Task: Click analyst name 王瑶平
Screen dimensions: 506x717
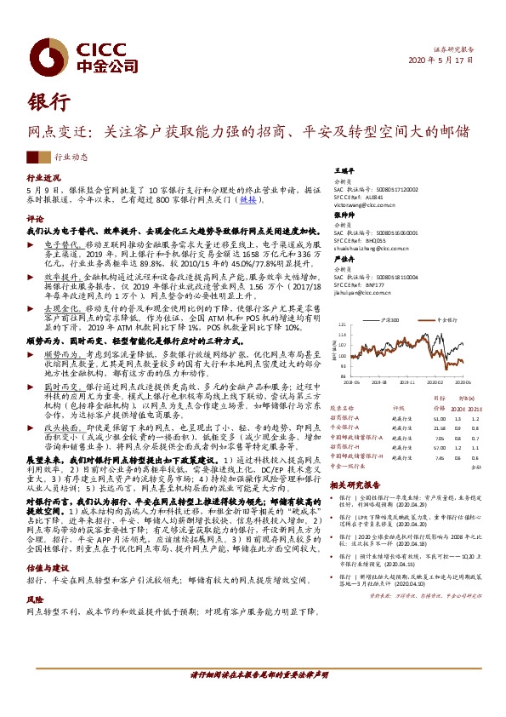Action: tap(343, 170)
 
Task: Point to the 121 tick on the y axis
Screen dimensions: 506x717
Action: tap(342, 325)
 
